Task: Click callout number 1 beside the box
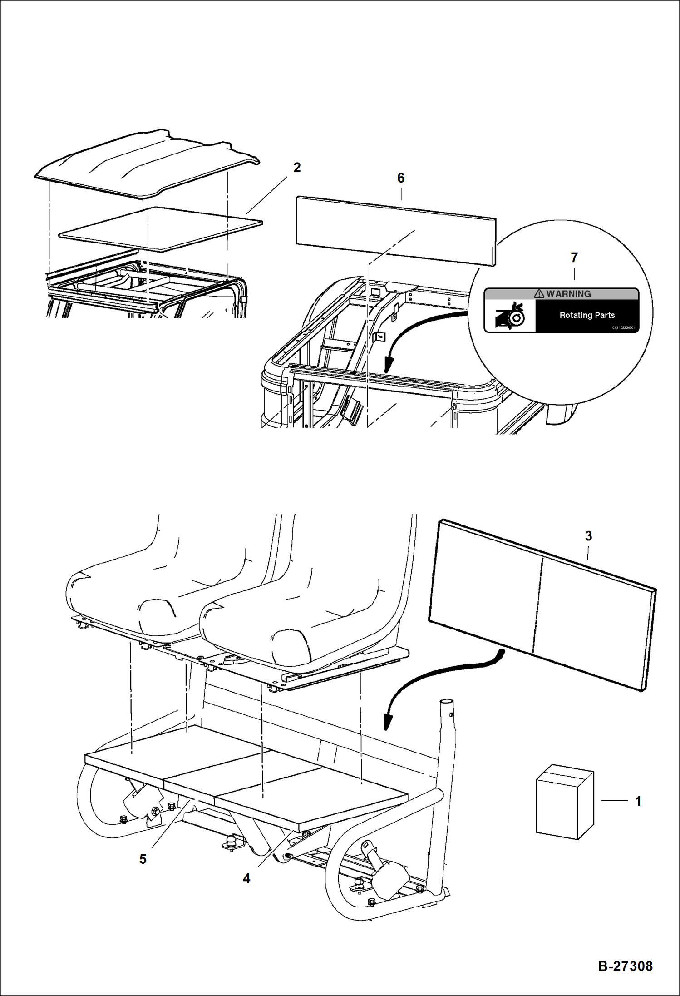[638, 801]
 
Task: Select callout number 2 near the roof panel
[297, 168]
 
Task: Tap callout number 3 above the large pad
[588, 536]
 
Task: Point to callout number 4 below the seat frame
[246, 879]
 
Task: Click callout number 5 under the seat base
[143, 859]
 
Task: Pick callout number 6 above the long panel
[401, 178]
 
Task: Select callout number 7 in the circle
[574, 258]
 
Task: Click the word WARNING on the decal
[568, 294]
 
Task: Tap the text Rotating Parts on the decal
[587, 315]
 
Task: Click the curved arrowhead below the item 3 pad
[387, 722]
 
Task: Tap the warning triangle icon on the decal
[539, 294]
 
